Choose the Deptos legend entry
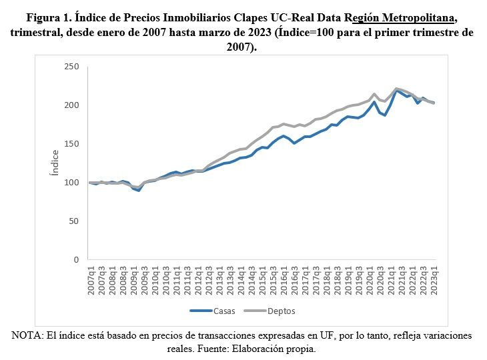click(x=282, y=311)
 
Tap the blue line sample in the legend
click(x=199, y=311)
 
